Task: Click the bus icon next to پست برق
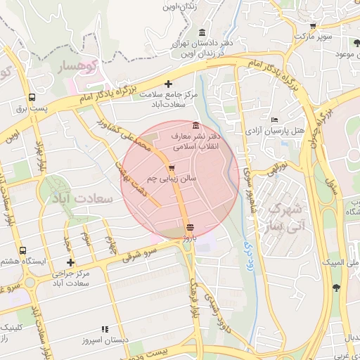32,98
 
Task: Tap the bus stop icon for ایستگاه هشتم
23,250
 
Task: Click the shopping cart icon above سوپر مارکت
313,26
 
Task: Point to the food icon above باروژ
189,227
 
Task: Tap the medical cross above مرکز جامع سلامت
167,84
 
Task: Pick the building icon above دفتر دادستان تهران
202,33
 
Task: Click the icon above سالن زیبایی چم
172,169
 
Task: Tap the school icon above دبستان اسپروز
105,328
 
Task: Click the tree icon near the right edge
336,287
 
